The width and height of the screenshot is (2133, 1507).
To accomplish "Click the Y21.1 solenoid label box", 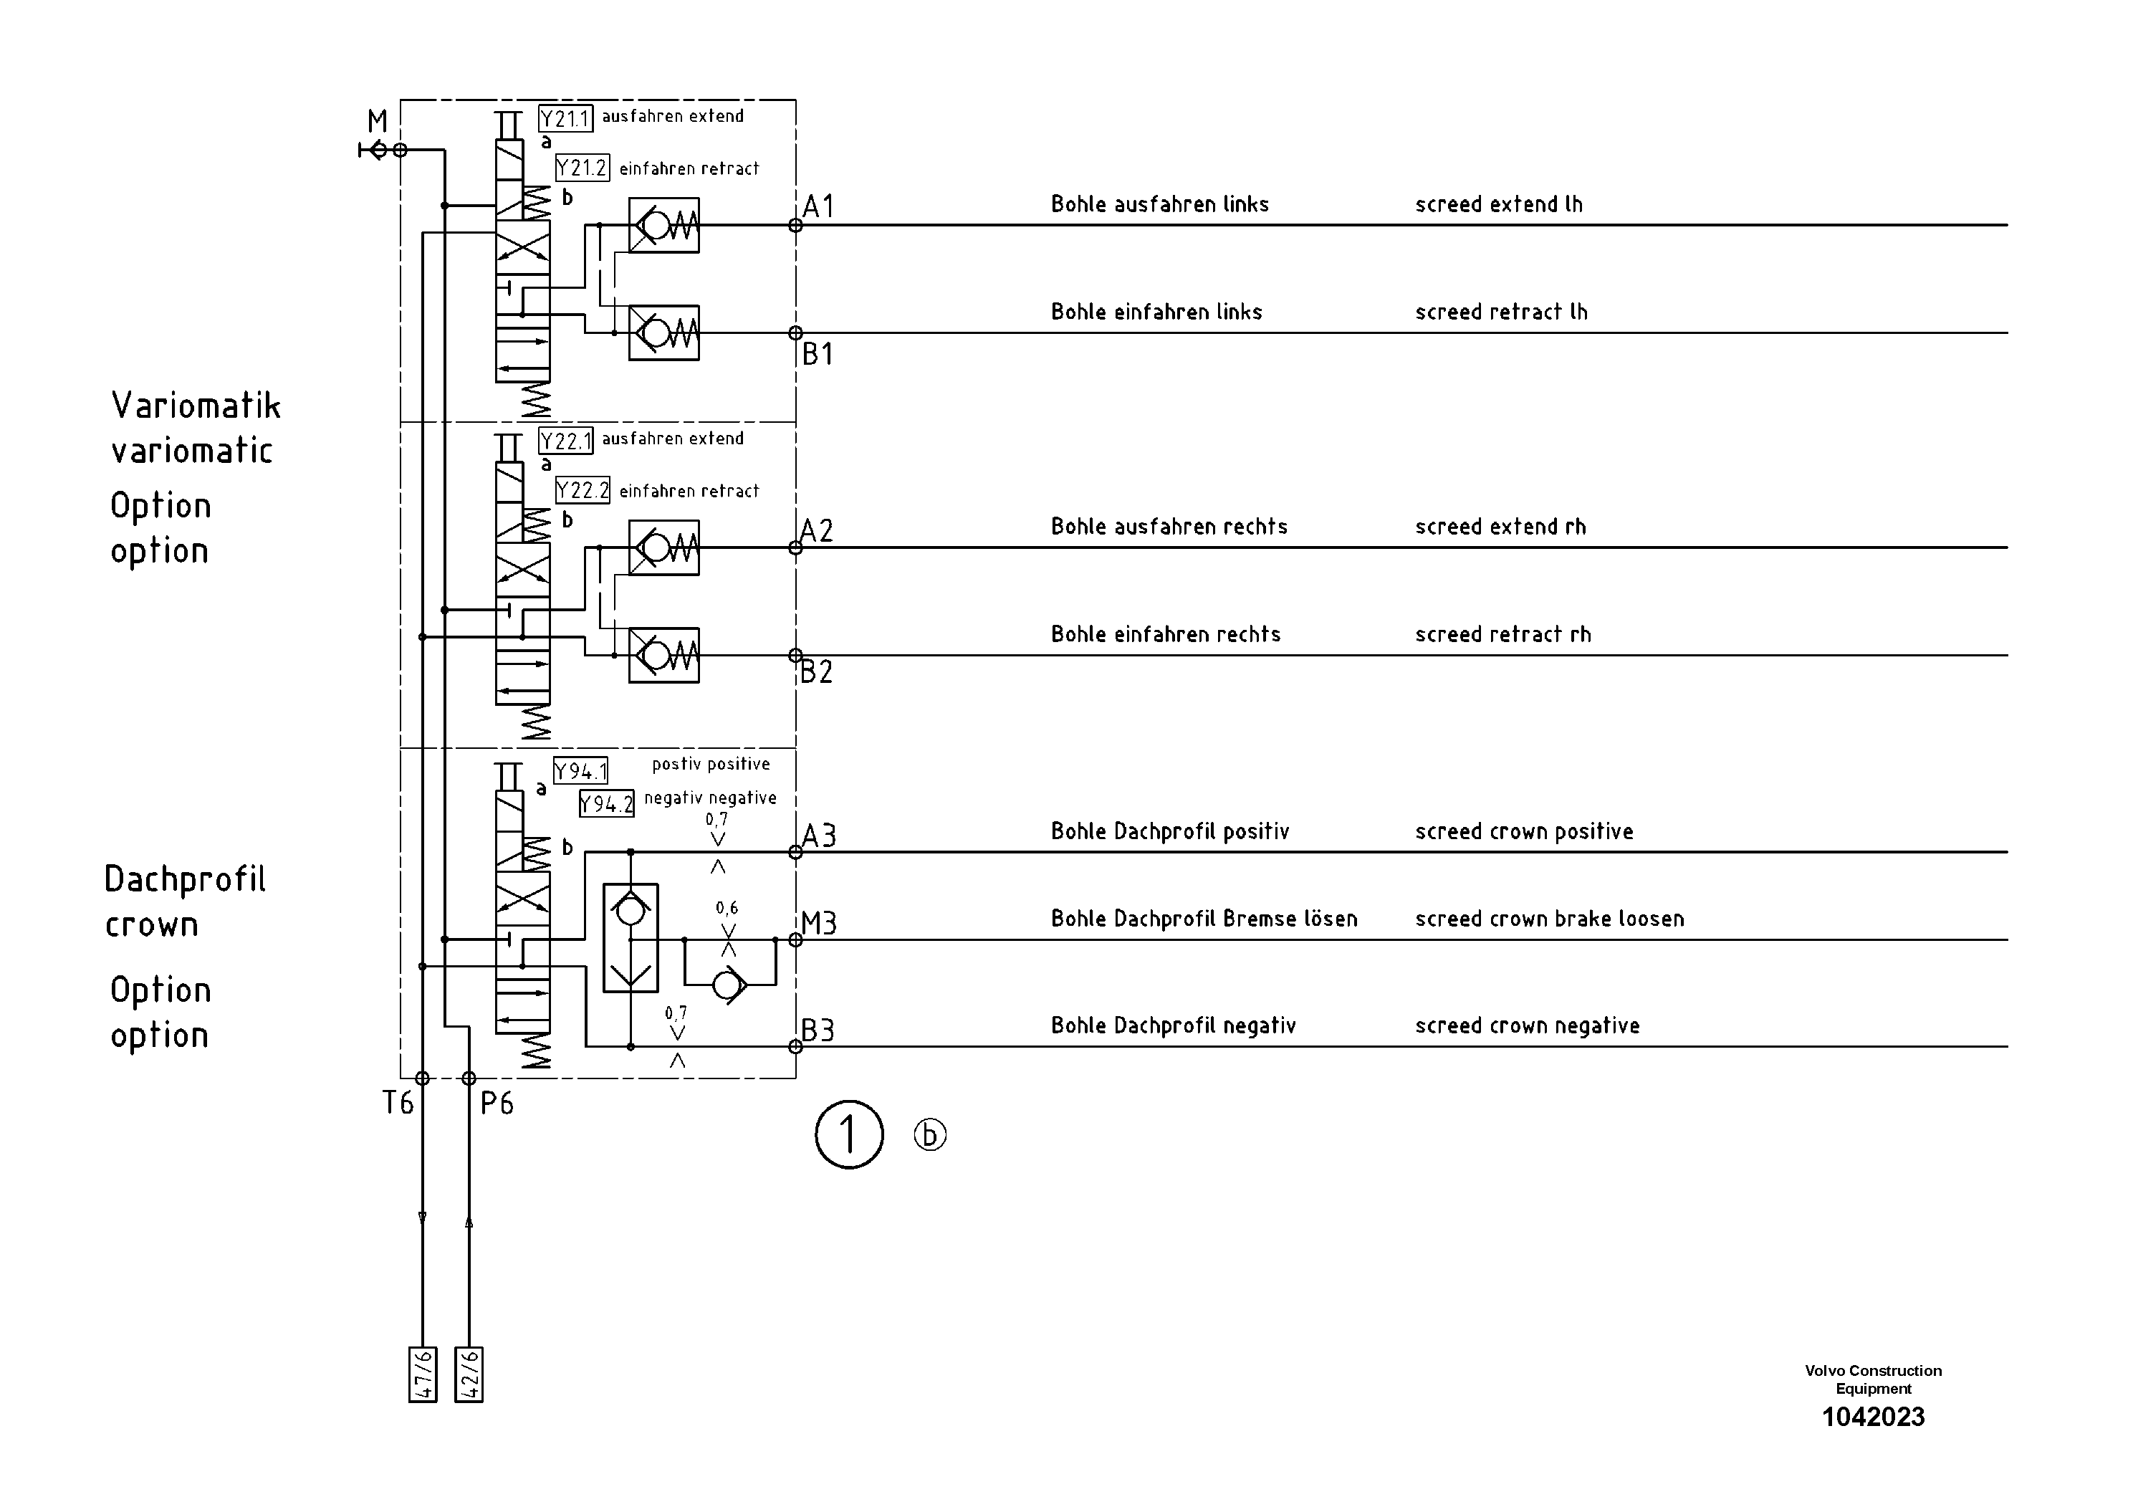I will coord(565,119).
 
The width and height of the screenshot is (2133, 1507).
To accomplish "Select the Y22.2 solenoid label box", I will coord(583,491).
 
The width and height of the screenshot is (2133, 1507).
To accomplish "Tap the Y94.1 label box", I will coord(580,771).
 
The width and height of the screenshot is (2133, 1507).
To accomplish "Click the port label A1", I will coord(818,206).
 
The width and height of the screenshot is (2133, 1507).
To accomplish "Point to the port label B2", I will coord(817,671).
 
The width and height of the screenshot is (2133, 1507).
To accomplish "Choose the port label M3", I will coord(820,924).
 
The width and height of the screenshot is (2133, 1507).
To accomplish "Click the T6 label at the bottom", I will coord(398,1103).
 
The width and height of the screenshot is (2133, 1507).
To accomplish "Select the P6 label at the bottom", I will coord(497,1103).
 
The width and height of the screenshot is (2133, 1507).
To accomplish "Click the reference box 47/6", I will coord(423,1374).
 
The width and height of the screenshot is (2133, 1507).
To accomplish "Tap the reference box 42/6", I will coord(469,1374).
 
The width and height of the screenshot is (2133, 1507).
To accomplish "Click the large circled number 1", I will coord(849,1134).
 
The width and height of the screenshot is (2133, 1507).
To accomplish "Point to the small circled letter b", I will coord(930,1134).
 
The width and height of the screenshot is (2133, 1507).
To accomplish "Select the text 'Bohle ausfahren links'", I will coord(1159,204).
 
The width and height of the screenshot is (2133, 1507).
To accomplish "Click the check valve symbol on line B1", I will coord(663,333).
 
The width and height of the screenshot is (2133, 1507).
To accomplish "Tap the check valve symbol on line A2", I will coord(663,548).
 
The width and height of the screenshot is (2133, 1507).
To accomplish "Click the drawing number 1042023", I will coord(1873,1417).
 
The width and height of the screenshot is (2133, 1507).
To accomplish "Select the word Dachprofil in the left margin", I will coord(185,879).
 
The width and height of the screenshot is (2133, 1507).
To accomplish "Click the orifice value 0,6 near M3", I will coord(727,908).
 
